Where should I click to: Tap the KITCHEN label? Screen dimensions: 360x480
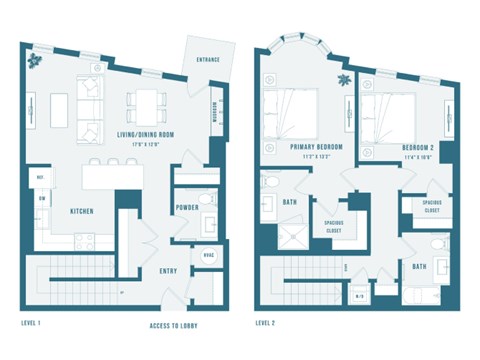point(82,212)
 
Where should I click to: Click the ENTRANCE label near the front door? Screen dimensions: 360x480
point(208,60)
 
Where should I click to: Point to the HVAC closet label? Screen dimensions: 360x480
point(208,253)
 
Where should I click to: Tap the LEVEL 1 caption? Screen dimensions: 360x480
point(36,323)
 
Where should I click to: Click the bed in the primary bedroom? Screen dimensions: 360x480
point(291,113)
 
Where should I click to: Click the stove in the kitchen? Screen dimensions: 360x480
point(83,241)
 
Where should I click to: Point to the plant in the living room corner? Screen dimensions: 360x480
point(38,60)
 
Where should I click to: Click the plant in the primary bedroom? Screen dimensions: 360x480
point(344,79)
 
